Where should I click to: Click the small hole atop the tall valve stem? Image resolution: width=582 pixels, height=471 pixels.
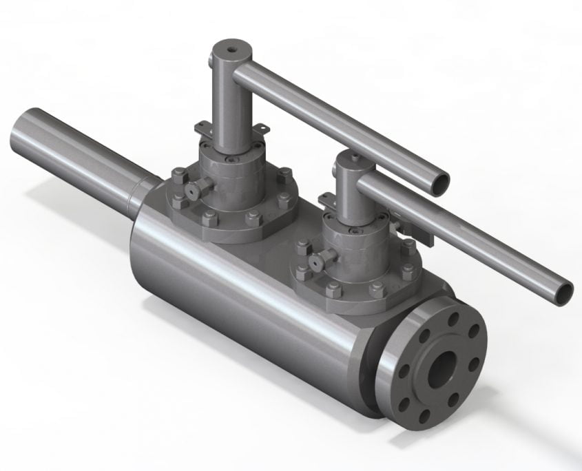click(229, 49)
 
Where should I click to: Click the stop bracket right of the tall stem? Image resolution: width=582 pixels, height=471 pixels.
click(261, 129)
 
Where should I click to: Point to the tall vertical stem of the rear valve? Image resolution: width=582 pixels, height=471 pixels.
click(227, 103)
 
